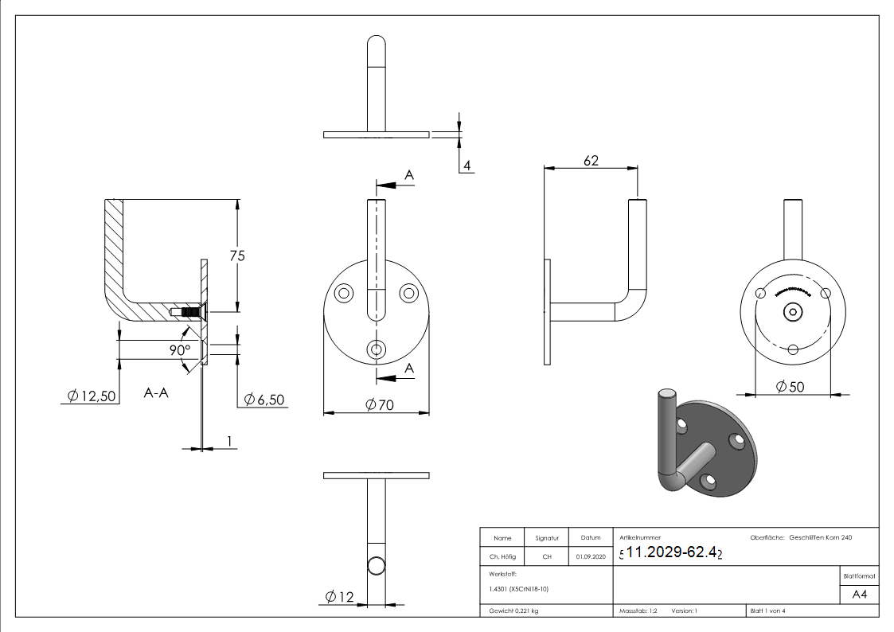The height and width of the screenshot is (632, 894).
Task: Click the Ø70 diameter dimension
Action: pos(381,404)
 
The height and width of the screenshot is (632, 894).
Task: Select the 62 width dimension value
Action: pos(591,161)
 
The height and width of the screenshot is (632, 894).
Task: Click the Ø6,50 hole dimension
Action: pos(264,399)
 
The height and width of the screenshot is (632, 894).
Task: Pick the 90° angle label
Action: pos(180,350)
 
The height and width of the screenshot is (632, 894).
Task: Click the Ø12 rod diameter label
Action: pos(340,597)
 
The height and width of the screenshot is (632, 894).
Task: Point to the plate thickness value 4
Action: pos(467,166)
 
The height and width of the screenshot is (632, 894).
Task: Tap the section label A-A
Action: pos(156,392)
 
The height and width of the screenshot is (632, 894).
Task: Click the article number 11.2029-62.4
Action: pos(673,552)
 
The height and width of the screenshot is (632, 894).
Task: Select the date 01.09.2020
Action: pos(590,557)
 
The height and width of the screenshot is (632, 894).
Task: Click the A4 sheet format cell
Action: pos(859,593)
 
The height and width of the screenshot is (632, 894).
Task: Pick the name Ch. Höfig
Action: pos(502,557)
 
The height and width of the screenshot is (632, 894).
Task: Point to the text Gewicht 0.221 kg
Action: pos(513,611)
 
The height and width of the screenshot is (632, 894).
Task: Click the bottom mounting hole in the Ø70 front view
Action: pos(377,349)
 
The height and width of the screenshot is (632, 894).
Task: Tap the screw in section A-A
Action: pos(189,311)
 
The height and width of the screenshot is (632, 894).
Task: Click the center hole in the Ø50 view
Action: pos(793,312)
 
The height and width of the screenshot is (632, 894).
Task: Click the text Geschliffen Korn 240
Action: pos(820,539)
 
